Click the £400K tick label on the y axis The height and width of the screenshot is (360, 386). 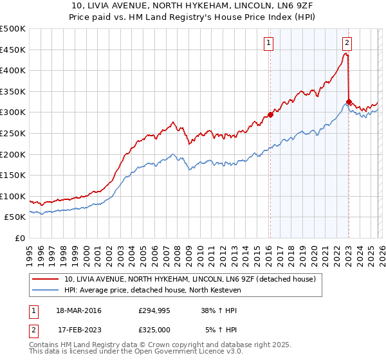[13, 70]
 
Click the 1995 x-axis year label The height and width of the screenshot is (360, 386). [30, 253]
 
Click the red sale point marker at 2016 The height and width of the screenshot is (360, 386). [270, 114]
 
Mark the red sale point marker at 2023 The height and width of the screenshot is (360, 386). [349, 102]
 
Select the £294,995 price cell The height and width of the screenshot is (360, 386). [154, 310]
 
